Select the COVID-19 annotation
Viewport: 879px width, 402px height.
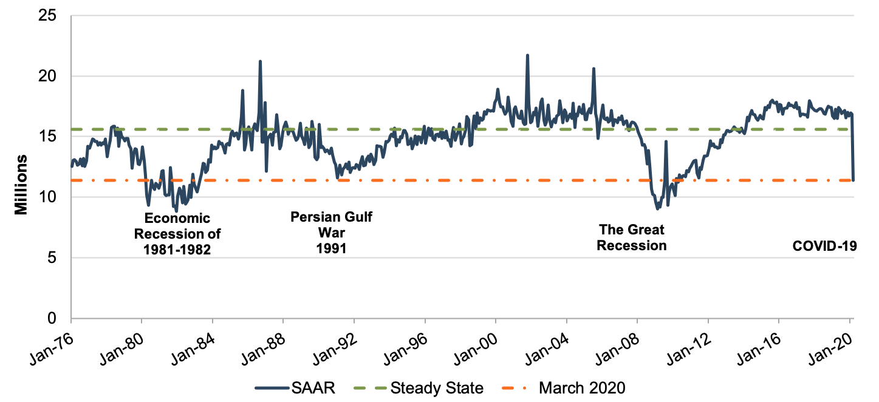click(824, 246)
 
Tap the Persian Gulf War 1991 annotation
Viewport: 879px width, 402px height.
click(330, 233)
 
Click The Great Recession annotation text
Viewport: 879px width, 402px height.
click(632, 237)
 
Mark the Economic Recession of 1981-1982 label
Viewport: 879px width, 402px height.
click(177, 234)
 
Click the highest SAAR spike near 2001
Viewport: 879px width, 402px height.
click(527, 55)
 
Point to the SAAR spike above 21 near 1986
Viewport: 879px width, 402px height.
click(260, 61)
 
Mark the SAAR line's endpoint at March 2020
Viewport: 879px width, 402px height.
click(853, 180)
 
